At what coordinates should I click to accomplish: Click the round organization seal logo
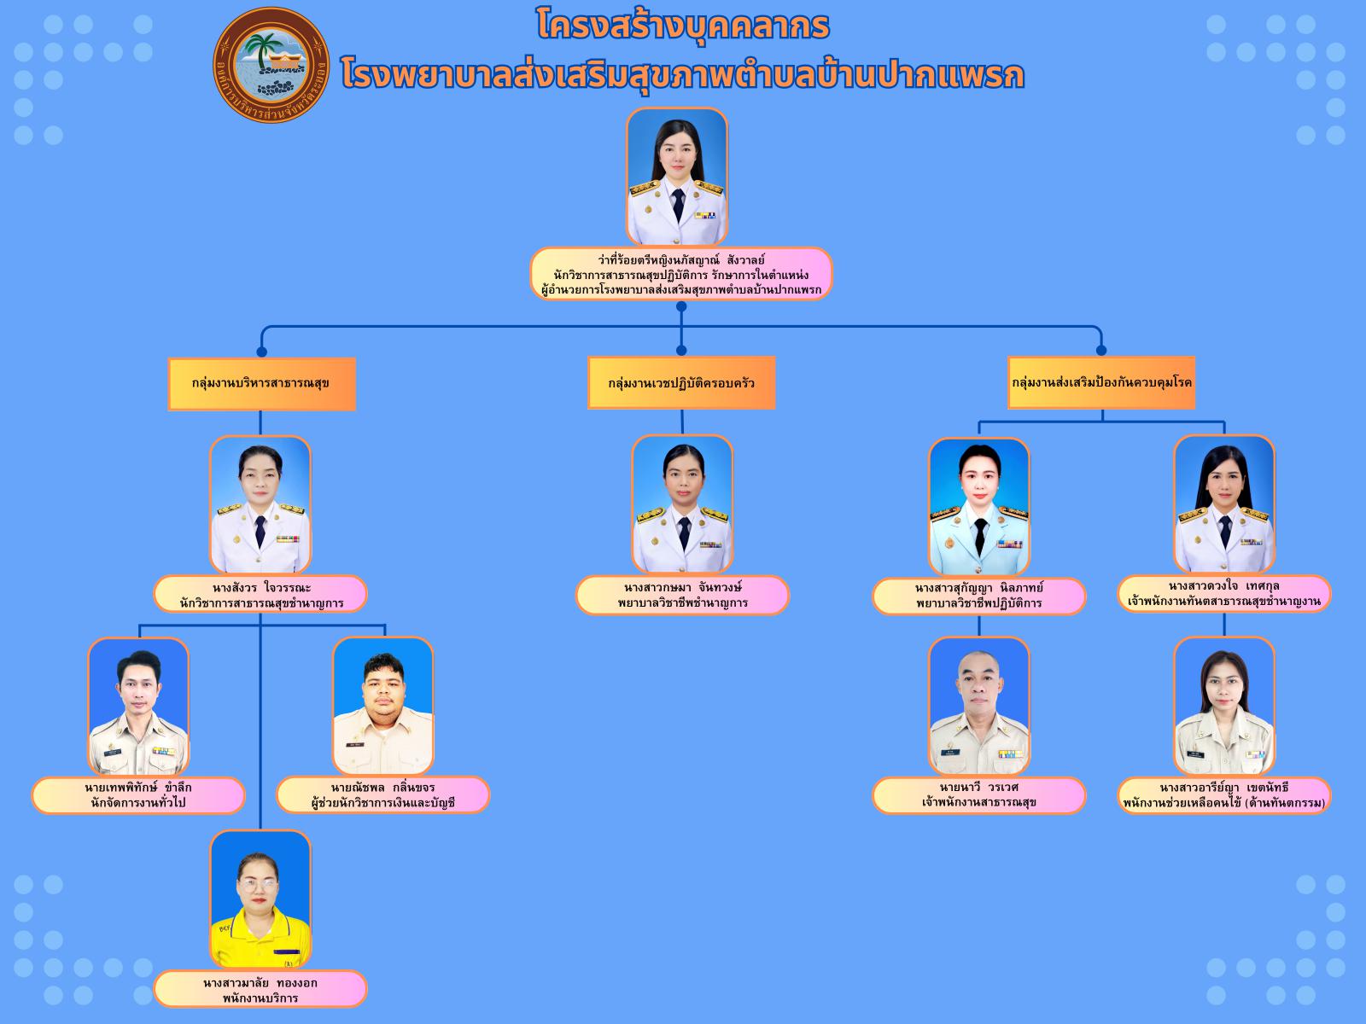point(271,66)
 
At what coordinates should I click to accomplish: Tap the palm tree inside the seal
point(263,49)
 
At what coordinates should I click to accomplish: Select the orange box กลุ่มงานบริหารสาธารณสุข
point(262,384)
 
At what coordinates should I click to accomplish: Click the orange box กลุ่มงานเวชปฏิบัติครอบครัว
point(681,382)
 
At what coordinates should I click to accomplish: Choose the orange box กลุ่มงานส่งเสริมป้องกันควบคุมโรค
point(1101,382)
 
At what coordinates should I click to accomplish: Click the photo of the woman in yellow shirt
point(260,899)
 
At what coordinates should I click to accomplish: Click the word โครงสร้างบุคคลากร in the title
point(683,26)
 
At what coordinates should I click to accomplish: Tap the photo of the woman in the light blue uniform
point(979,507)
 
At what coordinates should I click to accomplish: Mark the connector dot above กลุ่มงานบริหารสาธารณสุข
point(262,352)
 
